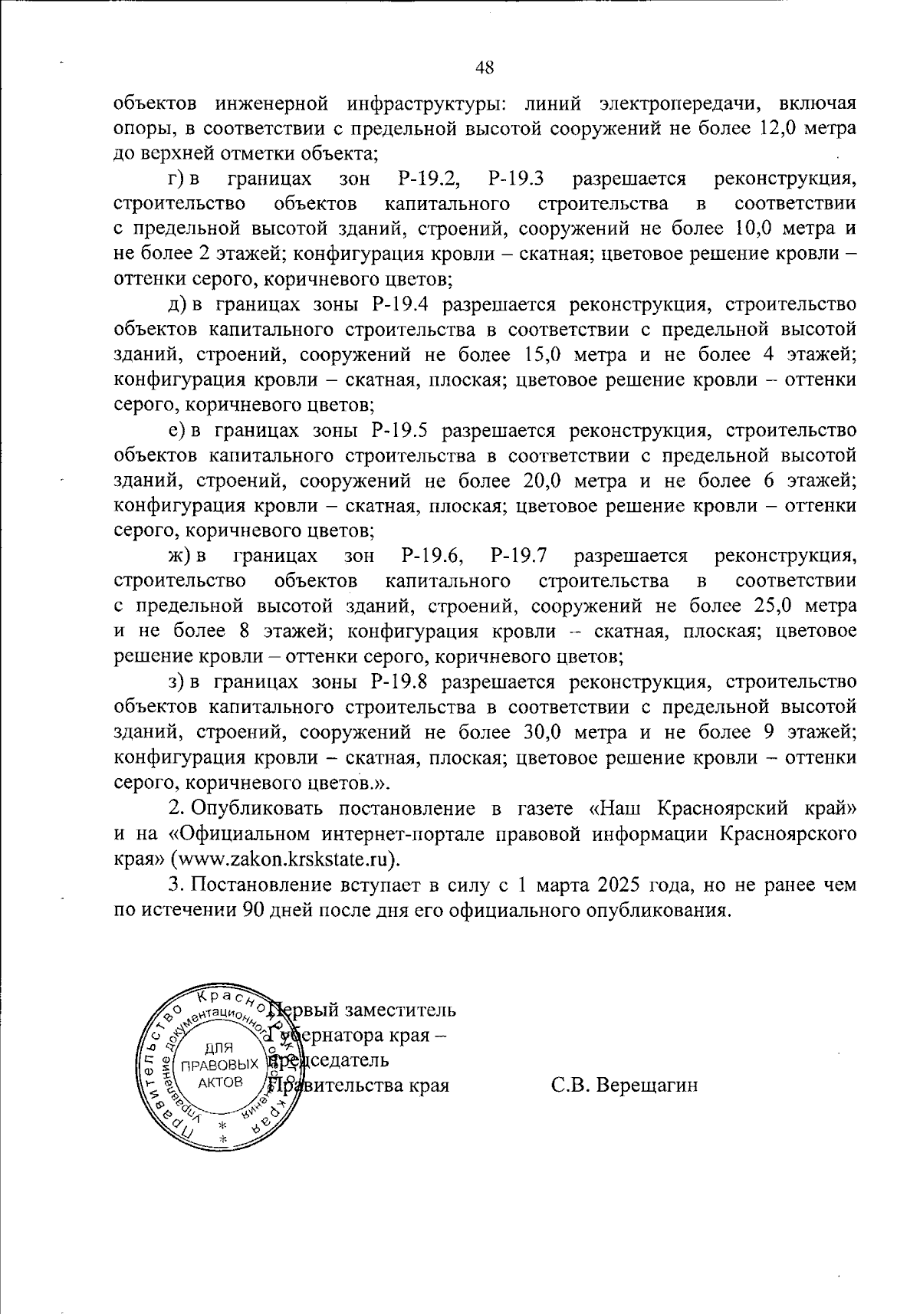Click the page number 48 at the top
(x=485, y=67)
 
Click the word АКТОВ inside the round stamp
(x=220, y=1082)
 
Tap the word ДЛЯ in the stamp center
(x=220, y=1048)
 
